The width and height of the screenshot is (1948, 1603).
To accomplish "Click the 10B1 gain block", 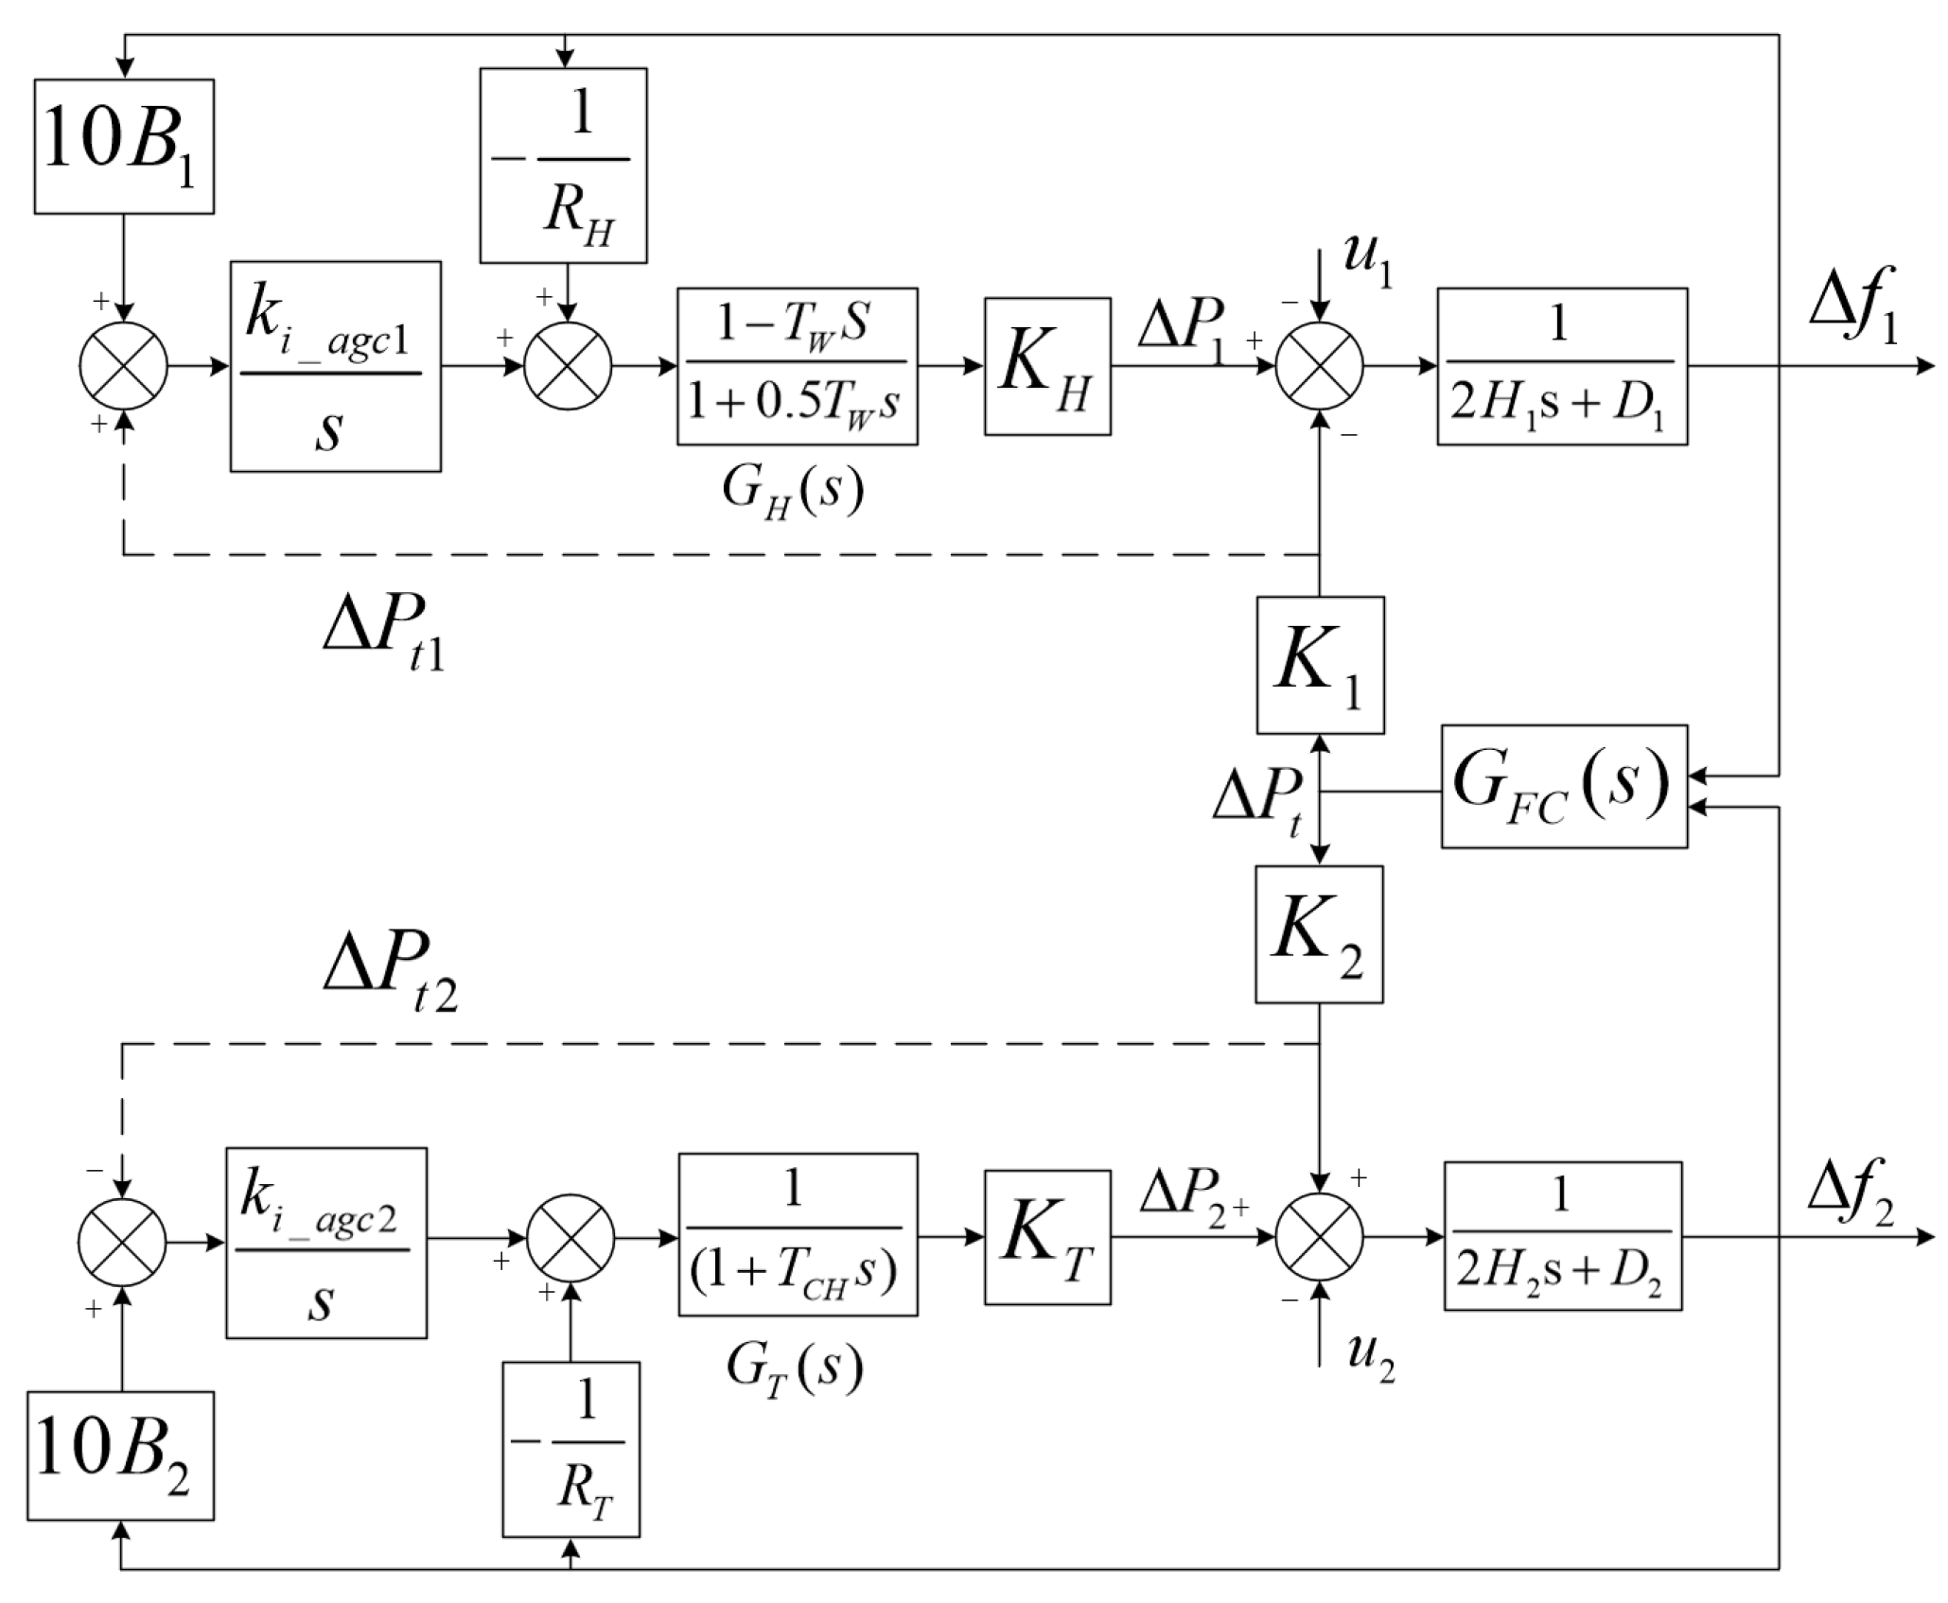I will coord(124,147).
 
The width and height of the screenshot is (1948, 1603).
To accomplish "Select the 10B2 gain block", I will coord(120,1455).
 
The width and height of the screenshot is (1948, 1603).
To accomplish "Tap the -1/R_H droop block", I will coord(563,166).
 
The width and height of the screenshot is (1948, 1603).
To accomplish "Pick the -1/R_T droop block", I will coord(570,1462).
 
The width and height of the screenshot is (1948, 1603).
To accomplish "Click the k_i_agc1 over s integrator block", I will coord(335,367).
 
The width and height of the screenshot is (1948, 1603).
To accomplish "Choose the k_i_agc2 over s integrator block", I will coord(325,1243).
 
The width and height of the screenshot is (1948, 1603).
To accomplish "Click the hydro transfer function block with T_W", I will coord(797,367).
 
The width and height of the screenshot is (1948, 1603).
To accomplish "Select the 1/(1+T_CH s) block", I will coord(798,1234).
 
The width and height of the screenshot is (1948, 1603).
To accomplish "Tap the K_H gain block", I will coord(1047,367).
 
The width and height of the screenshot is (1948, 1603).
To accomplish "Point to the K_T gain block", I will coord(1047,1238).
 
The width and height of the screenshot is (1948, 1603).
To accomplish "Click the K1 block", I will coord(1320,665).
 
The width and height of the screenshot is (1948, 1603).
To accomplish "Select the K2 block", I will coord(1319,934).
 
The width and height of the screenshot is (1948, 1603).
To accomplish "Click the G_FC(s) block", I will coord(1563,787).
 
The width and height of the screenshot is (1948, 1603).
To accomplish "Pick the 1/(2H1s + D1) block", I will coord(1562,367).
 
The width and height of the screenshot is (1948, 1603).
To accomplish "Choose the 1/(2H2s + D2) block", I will coord(1562,1236).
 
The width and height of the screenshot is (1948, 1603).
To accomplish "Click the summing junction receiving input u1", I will coord(1320,367).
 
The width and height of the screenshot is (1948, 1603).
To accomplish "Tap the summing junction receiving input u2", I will coord(1320,1236).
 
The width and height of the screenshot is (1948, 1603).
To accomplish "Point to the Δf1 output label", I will coord(1852,317).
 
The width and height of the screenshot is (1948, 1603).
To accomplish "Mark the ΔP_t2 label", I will coord(389,973).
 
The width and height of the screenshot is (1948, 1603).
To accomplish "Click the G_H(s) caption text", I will coord(793,491).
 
